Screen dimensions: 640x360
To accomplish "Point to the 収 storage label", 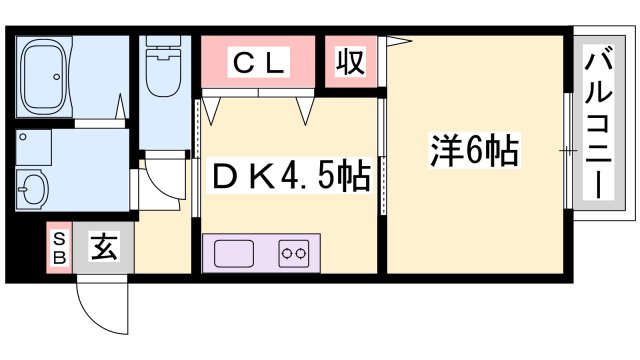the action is click(349, 63).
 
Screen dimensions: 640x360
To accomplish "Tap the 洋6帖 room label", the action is click(474, 152).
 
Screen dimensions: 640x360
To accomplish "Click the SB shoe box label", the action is click(58, 248).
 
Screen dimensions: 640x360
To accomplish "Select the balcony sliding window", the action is click(569, 150).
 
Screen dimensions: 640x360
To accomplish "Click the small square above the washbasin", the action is click(33, 148).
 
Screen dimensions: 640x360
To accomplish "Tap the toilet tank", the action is click(161, 45).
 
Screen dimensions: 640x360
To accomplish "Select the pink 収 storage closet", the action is click(349, 63).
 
